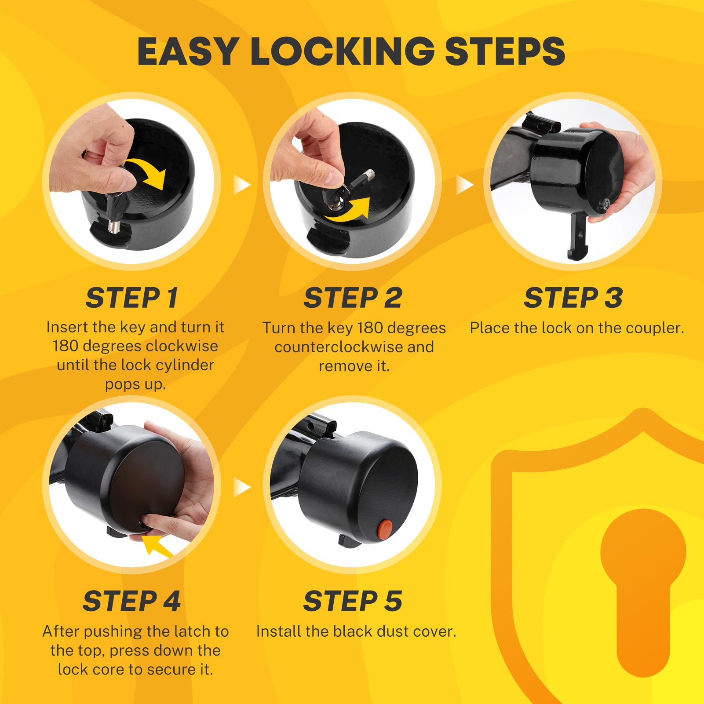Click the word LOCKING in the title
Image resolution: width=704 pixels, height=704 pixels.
343,51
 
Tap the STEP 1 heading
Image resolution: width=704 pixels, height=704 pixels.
131,298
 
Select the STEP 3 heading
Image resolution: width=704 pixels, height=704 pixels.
573,298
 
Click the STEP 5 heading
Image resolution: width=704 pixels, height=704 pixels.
353,601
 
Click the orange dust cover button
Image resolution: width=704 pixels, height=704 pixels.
386,529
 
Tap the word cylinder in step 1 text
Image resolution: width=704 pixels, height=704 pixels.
186,365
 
